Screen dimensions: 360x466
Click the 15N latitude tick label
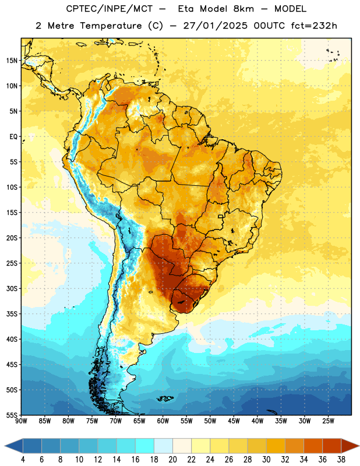pos(12,61)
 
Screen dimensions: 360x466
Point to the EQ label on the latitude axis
pos(13,137)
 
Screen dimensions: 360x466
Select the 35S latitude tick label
pos(12,314)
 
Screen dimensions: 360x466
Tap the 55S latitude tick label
pos(12,415)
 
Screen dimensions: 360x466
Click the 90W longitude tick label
pos(21,421)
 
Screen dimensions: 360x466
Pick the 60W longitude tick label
pos(163,421)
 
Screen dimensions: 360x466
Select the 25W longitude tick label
pos(328,421)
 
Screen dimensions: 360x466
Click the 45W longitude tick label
pos(234,421)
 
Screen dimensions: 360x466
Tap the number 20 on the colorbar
pos(172,460)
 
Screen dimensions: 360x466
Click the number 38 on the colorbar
pos(341,460)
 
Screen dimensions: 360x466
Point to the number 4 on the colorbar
pos(23,460)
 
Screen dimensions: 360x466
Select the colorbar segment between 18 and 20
pos(163,446)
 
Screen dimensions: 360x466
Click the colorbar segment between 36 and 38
pos(332,446)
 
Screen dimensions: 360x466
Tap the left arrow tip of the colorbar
pos(5,446)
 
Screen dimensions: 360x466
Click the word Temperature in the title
pos(111,26)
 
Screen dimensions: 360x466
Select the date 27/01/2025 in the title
pos(215,26)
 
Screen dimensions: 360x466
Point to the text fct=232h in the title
pos(314,26)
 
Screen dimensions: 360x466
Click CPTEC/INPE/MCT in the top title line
pos(110,9)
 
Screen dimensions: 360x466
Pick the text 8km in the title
pos(243,9)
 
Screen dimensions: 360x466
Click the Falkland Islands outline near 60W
pos(165,398)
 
